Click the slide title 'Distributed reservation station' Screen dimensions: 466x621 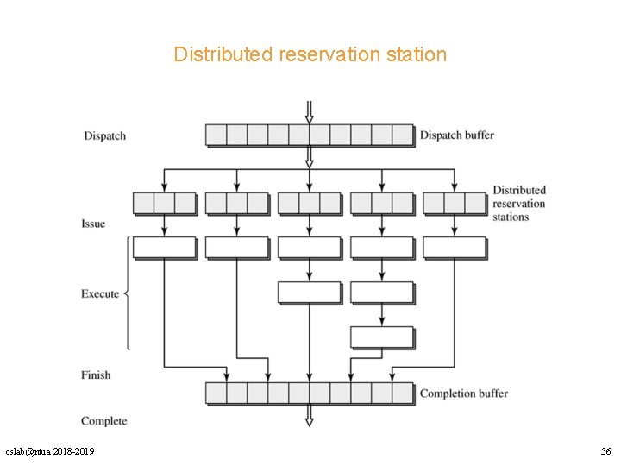310,54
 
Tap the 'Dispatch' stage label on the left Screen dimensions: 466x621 104,135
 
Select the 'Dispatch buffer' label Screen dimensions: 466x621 456,135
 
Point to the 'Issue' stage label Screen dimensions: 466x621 93,224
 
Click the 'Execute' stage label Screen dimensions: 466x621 100,294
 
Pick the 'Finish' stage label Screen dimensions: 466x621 96,375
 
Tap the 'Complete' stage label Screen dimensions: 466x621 103,421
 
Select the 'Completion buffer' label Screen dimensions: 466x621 463,394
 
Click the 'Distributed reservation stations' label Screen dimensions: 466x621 518,204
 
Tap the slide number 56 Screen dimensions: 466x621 605,452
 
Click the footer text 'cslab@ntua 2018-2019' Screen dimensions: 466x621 50,452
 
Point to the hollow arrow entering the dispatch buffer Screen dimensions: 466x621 309,112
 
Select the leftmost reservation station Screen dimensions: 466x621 164,203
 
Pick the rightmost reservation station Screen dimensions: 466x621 455,203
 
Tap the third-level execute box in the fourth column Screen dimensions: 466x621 381,337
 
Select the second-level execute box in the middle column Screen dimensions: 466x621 309,293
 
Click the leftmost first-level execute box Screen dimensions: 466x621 164,248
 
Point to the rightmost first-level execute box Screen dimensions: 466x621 455,248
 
